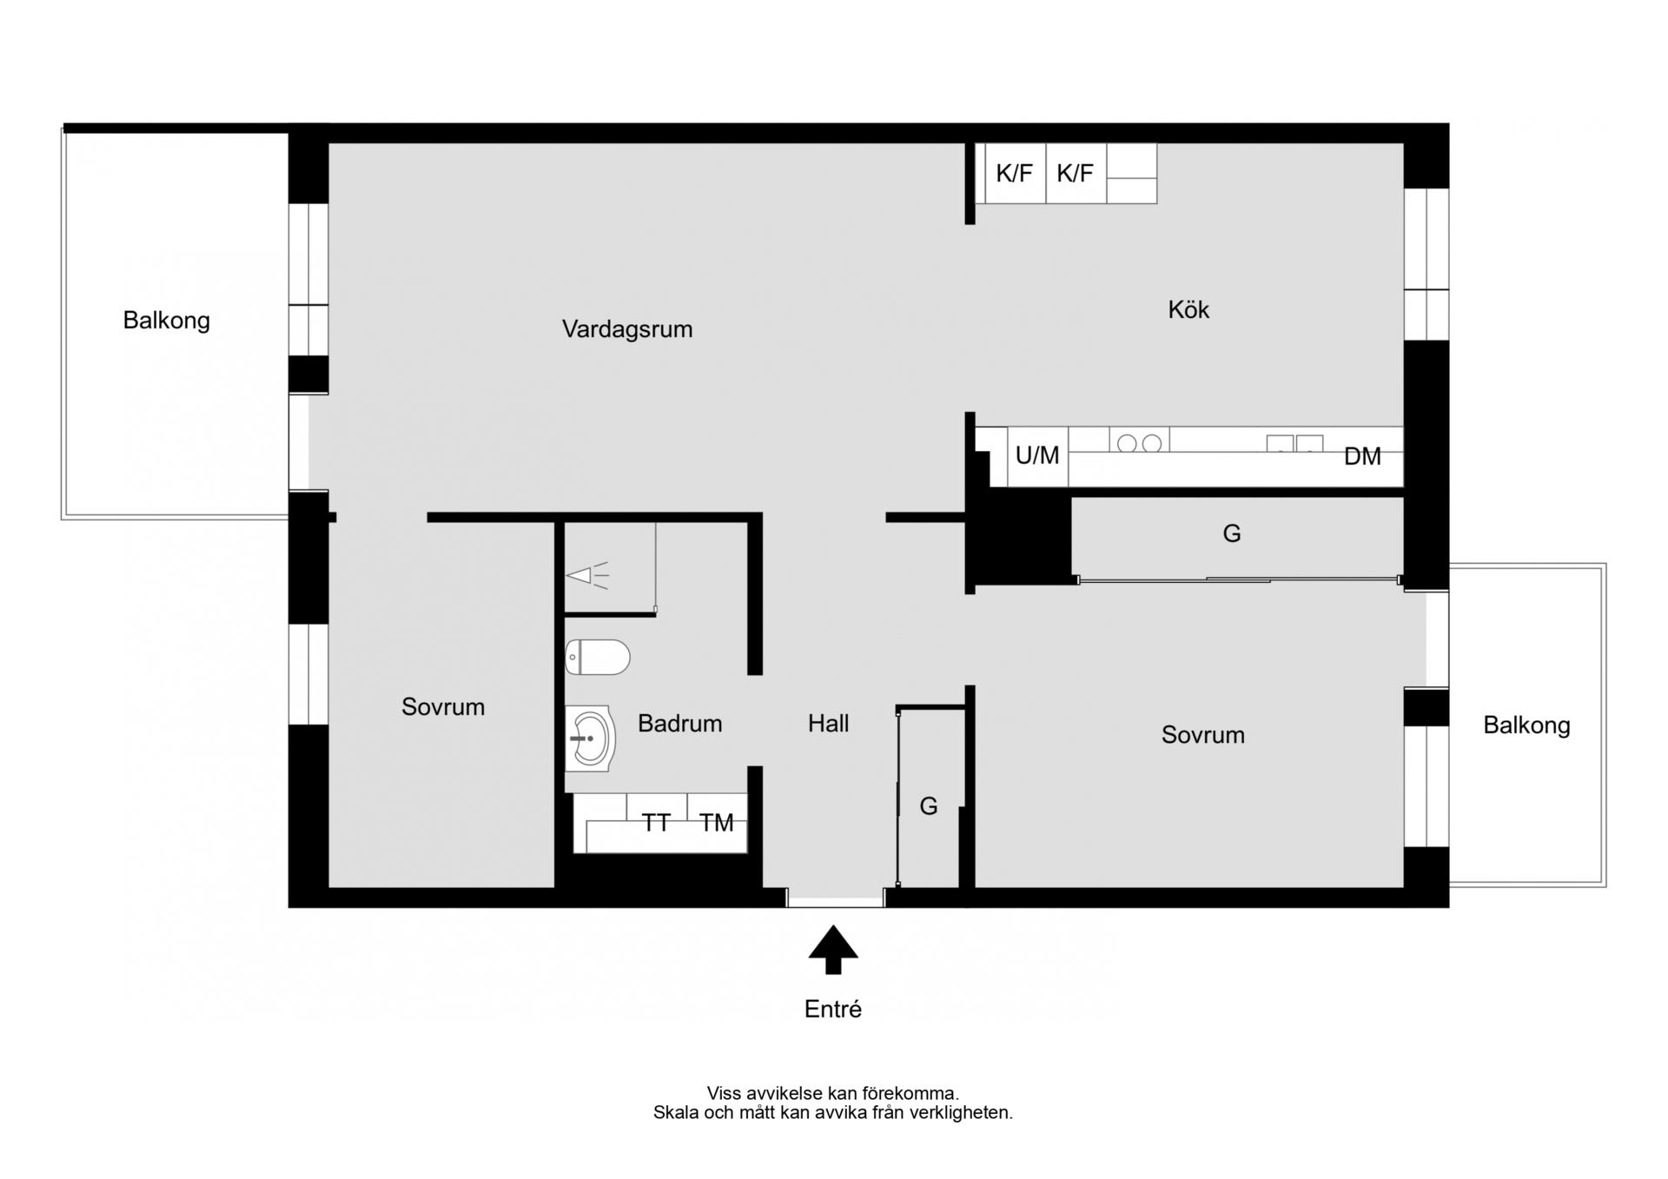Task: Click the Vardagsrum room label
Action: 627,329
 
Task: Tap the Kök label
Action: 1188,309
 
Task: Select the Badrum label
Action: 679,723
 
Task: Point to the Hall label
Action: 828,723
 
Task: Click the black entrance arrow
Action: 833,949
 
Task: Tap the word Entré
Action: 833,1009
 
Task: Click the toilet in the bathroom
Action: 597,658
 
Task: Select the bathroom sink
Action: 590,739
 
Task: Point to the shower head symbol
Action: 587,575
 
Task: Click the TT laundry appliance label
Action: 656,822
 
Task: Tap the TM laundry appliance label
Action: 717,822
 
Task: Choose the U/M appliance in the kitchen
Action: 1037,455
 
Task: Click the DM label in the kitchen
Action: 1362,456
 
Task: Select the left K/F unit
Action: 1014,173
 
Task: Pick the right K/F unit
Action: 1076,173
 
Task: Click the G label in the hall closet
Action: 929,806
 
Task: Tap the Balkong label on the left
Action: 166,321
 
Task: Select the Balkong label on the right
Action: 1526,725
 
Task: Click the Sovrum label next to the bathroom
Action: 443,706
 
